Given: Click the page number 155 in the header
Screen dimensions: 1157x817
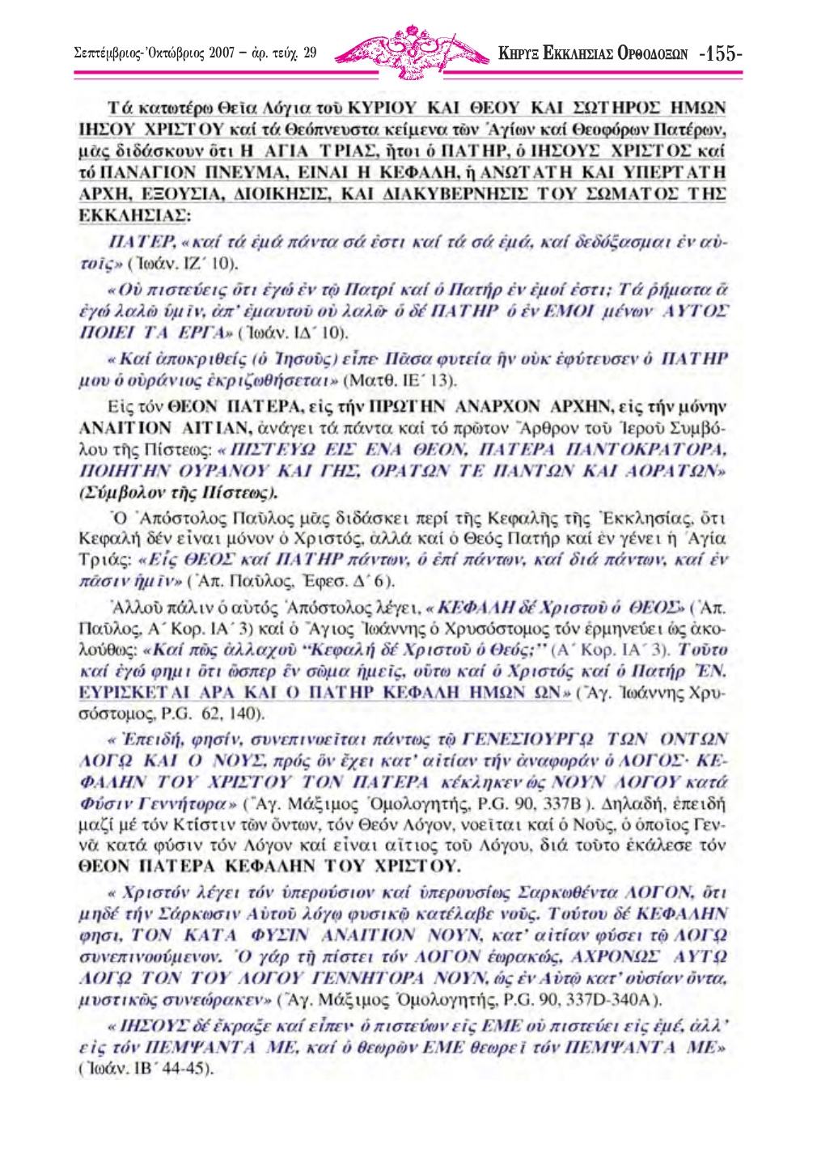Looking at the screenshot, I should (720, 54).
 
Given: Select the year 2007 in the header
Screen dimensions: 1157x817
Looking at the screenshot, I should (221, 55).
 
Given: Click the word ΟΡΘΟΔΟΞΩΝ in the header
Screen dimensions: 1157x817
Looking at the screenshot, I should (648, 55).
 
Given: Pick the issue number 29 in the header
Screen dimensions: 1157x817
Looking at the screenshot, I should (310, 55).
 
